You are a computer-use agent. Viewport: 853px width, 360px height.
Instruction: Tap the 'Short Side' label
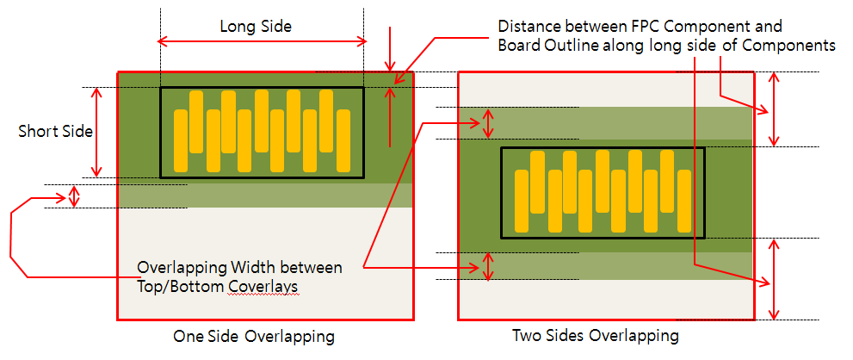(55, 131)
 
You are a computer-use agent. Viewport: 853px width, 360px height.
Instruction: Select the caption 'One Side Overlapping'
(254, 336)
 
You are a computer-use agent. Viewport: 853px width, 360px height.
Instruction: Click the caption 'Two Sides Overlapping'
(596, 335)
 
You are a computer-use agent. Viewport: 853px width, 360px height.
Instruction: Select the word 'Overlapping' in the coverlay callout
(181, 267)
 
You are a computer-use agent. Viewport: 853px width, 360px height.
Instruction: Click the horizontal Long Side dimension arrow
(262, 41)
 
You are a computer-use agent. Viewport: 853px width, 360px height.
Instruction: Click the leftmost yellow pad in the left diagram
(181, 140)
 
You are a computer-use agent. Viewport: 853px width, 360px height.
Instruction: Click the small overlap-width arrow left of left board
(74, 196)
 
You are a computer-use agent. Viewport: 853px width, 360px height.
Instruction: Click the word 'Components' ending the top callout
(793, 46)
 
